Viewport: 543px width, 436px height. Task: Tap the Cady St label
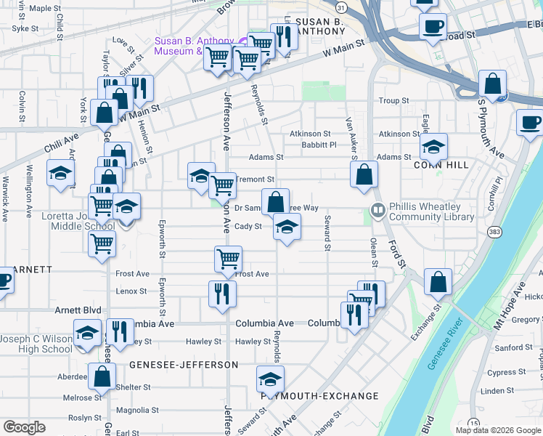(x=248, y=227)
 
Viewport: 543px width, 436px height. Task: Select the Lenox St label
(x=131, y=291)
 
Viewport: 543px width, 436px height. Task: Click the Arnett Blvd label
(x=78, y=310)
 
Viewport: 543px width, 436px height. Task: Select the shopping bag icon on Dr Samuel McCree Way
(x=276, y=201)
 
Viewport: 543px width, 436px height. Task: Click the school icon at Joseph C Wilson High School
(x=88, y=334)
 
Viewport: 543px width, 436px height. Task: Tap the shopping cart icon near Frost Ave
(x=229, y=258)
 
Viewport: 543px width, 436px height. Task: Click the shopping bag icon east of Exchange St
(x=438, y=281)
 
